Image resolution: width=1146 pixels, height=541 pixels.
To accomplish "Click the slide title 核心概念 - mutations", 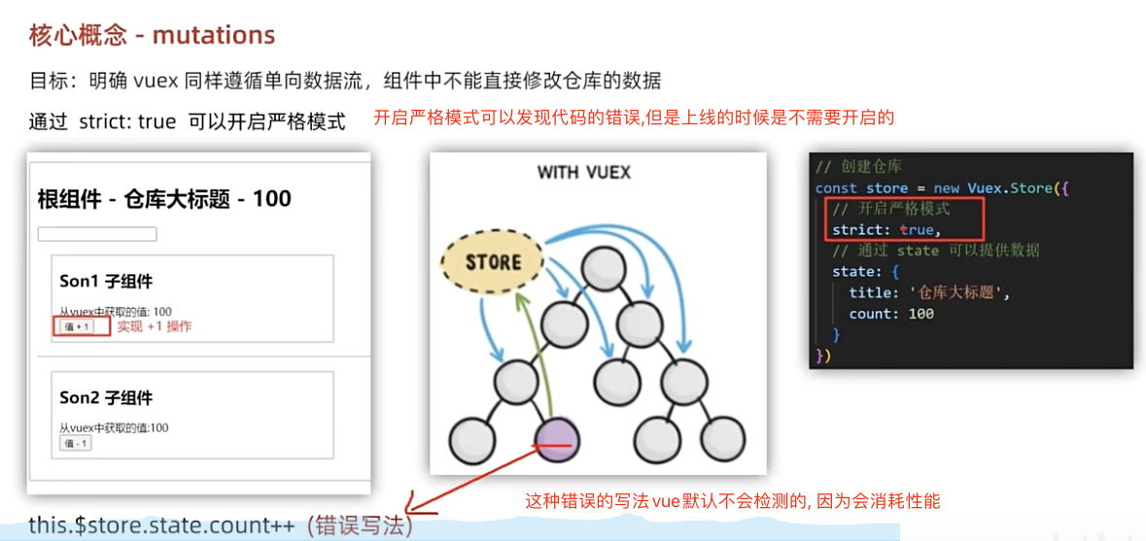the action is coord(152,36).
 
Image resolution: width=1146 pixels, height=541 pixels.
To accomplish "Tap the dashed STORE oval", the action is coord(493,262).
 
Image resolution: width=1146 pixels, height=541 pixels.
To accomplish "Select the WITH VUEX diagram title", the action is coord(584,173).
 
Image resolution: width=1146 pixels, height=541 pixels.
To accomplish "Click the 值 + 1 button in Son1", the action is coord(76,327).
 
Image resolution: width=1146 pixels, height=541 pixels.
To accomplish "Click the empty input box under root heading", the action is coord(97,234).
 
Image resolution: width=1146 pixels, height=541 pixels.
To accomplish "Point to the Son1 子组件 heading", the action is coord(106,282).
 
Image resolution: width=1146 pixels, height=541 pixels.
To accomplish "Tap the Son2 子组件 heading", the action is coord(106,398).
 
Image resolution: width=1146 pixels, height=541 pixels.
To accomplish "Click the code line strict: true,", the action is coord(886,230).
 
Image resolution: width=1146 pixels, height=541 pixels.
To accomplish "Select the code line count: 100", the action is coord(891,314).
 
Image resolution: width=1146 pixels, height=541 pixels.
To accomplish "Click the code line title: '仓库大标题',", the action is coord(929,292).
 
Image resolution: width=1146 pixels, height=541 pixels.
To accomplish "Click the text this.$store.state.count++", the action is coord(161,525).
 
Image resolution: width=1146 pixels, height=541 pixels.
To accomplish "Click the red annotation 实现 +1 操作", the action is coord(155,326).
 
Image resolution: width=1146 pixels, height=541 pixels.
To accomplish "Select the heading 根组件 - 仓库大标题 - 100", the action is coord(164,199).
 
